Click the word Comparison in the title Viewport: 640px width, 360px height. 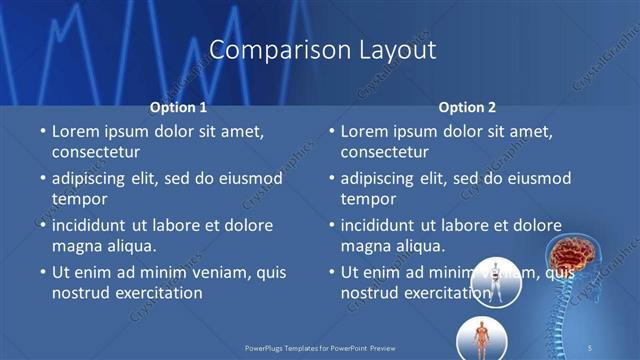(267, 49)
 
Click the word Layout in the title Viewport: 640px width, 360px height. (395, 49)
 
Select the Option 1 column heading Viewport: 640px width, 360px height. (178, 106)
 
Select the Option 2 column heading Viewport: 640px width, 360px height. (467, 106)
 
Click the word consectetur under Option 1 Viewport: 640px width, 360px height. (96, 153)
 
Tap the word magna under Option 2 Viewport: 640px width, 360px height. (366, 246)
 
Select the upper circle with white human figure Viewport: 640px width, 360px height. (494, 281)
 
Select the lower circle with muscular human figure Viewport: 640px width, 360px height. (481, 338)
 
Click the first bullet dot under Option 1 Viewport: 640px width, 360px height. (42, 131)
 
